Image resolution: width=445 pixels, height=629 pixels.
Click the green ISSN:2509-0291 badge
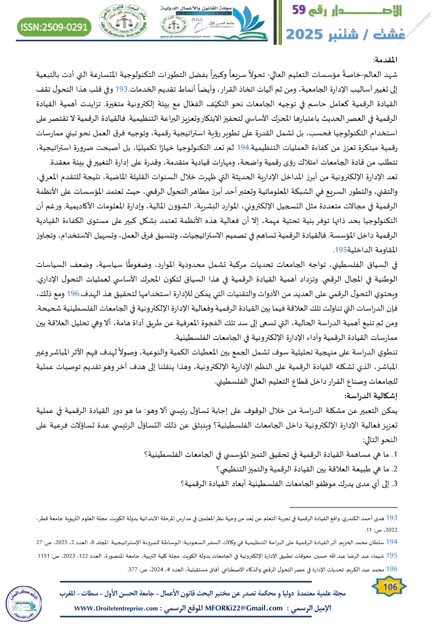click(x=54, y=26)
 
